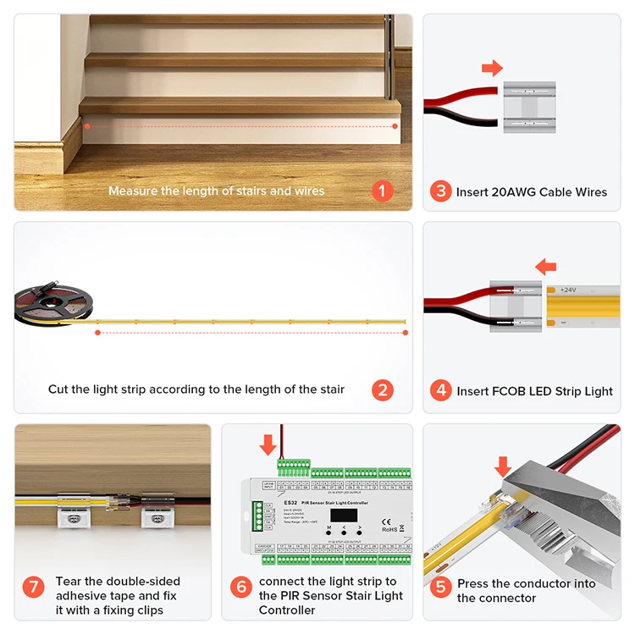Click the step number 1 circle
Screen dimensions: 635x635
coord(383,190)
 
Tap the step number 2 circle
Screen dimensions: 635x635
coord(383,390)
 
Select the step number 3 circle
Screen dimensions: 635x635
coord(440,191)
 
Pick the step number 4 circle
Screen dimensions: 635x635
coord(440,391)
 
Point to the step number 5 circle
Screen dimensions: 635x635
coord(440,590)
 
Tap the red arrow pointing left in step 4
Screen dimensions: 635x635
coord(546,267)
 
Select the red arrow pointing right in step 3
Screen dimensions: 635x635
coord(492,67)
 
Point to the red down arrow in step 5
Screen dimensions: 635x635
coord(504,466)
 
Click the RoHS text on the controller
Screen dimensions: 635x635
coord(390,529)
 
